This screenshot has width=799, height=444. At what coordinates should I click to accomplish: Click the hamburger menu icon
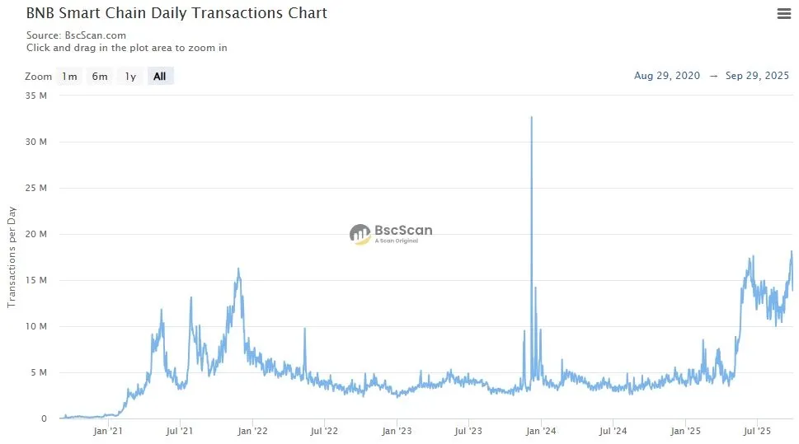point(784,13)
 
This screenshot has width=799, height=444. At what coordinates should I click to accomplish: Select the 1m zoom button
point(68,77)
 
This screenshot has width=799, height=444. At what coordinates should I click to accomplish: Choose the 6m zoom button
point(100,77)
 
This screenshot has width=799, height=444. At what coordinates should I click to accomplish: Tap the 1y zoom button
point(130,77)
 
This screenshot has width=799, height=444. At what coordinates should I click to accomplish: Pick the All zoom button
point(160,77)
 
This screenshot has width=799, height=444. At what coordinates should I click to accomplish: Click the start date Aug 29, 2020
point(667,76)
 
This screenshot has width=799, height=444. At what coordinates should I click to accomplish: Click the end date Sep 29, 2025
point(757,76)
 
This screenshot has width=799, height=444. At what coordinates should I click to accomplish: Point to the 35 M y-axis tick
point(37,96)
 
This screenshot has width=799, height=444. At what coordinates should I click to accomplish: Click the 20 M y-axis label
point(37,234)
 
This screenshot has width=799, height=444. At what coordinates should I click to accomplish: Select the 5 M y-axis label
point(40,372)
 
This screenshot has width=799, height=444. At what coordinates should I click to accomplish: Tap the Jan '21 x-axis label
point(108,431)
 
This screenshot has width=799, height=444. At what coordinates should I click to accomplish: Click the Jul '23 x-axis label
point(468,431)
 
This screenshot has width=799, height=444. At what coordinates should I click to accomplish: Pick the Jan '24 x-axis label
point(541,431)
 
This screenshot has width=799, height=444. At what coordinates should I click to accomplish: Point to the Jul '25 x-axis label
point(757,431)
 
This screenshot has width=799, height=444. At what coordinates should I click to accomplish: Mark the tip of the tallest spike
point(531,117)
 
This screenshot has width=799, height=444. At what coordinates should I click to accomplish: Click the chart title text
point(176,13)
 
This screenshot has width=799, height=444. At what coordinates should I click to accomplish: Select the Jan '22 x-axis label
point(252,431)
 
